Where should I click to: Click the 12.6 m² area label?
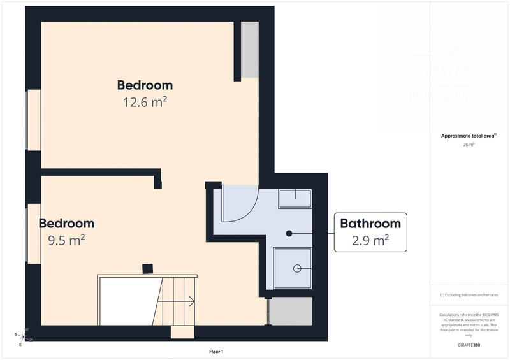(145, 102)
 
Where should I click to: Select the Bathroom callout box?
(370, 232)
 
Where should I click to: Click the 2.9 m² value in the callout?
(370, 241)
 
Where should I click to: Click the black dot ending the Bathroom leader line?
(289, 233)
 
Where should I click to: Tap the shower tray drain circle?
(296, 269)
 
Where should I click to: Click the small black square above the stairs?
(147, 269)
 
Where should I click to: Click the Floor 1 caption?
(216, 352)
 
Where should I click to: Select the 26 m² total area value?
(469, 145)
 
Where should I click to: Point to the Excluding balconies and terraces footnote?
(469, 295)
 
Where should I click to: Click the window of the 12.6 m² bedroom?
(33, 120)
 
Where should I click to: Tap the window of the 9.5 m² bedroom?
(33, 233)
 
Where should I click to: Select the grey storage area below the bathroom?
(290, 311)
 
